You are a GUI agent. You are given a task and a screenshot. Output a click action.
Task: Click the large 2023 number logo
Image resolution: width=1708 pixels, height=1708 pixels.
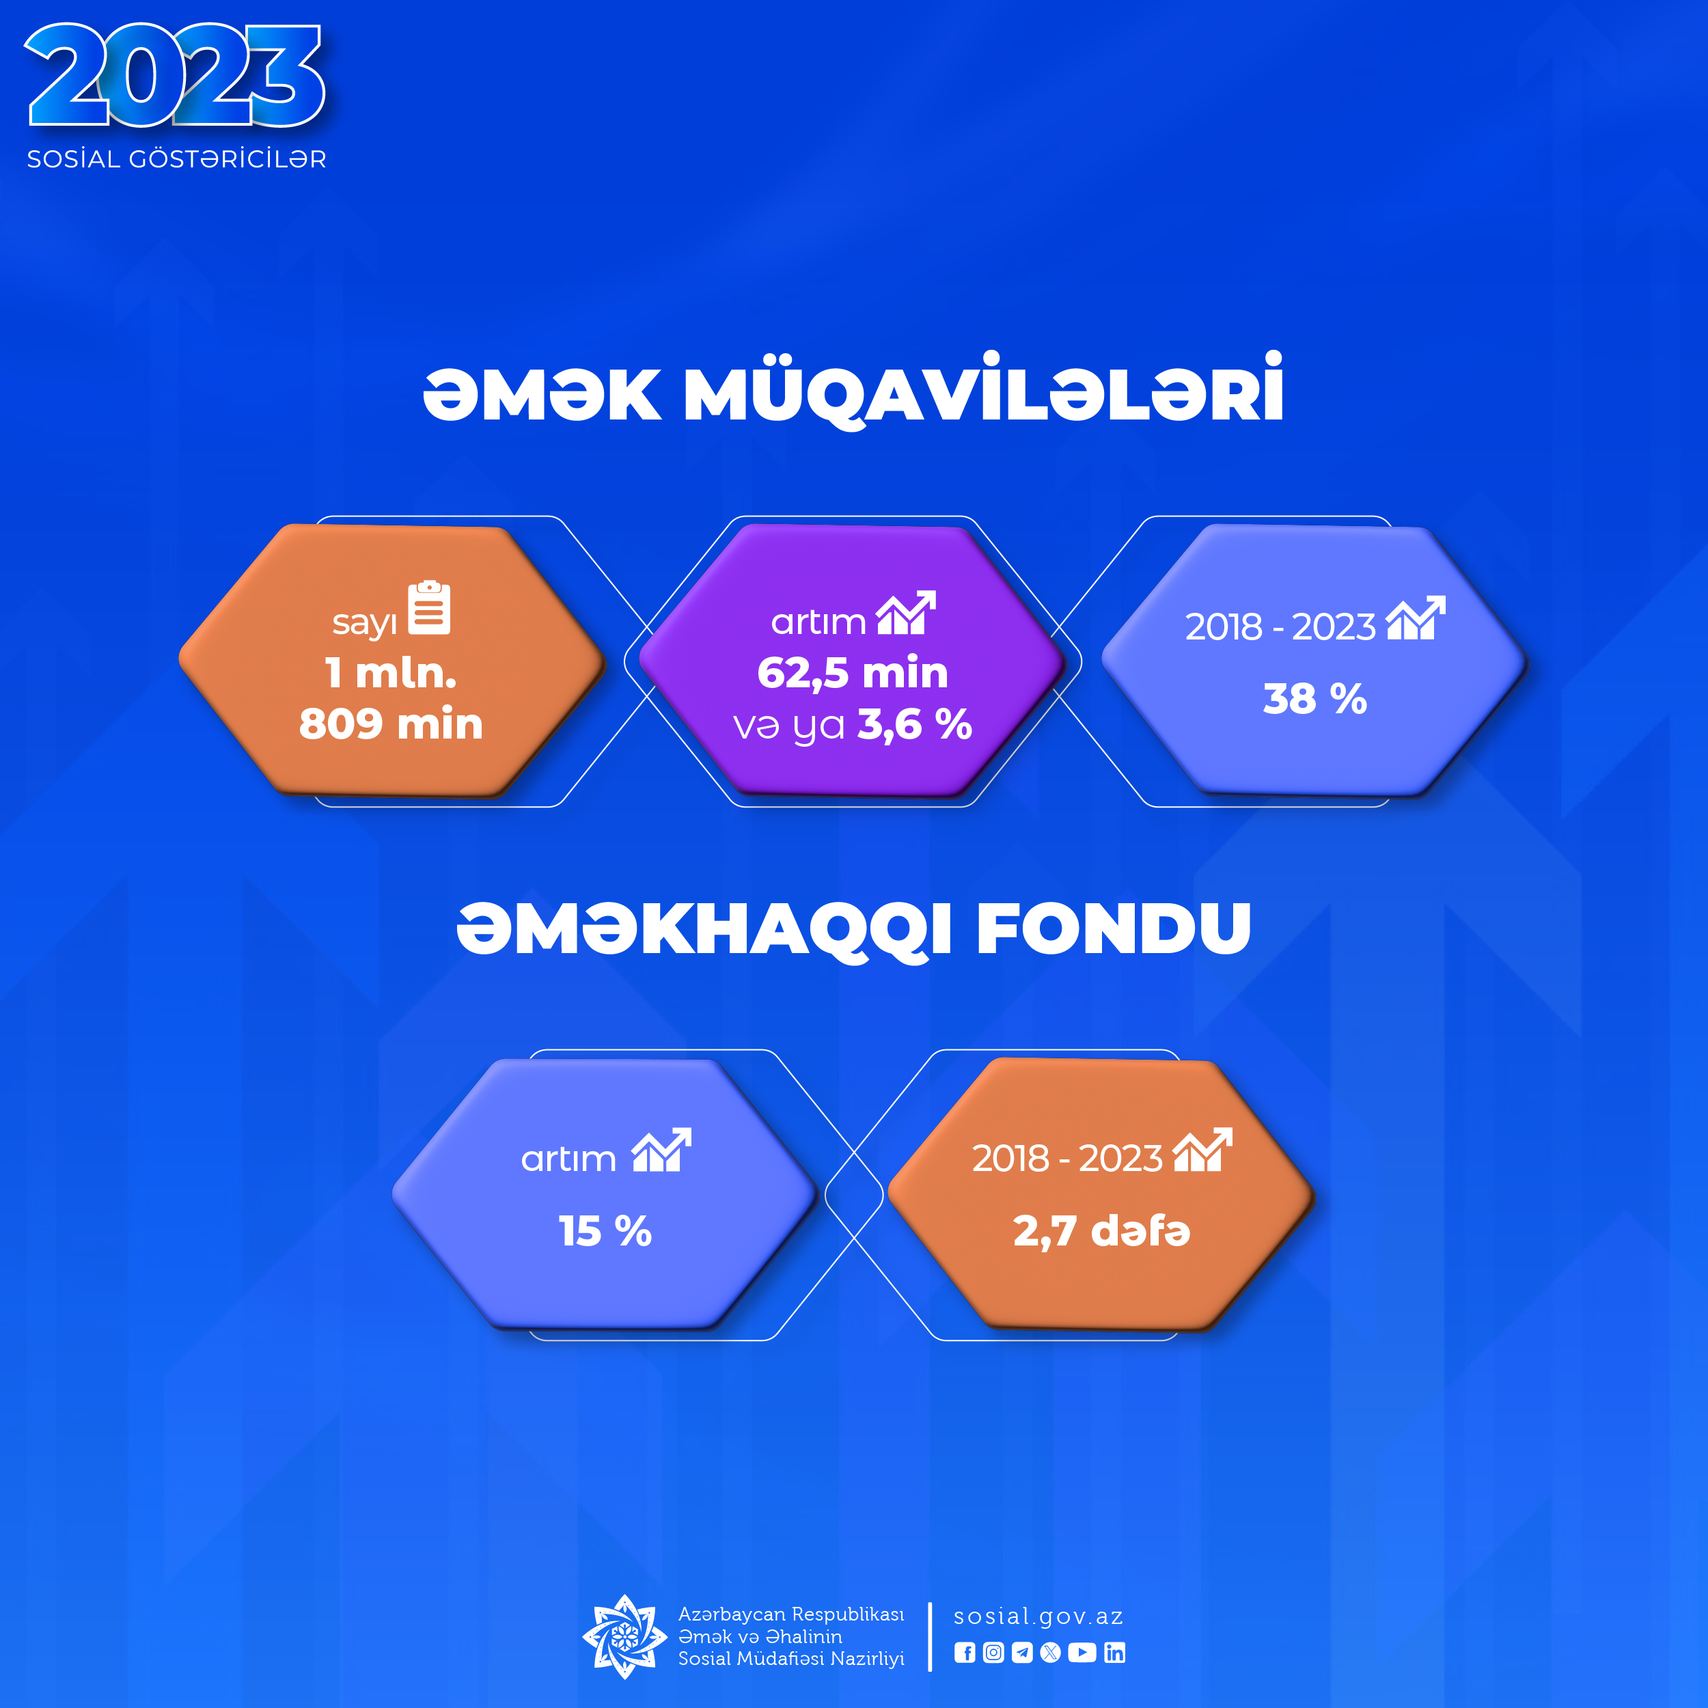pos(175,76)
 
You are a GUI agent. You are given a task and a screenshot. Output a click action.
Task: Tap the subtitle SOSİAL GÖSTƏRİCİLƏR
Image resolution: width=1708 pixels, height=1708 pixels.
pos(177,159)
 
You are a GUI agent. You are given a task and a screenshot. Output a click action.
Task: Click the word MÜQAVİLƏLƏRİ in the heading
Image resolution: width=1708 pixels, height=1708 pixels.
pos(983,391)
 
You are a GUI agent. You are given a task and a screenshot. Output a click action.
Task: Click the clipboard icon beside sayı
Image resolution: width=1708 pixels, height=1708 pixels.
pos(430,608)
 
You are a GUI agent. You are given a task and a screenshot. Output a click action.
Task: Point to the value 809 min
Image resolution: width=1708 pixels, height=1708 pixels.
pos(391,724)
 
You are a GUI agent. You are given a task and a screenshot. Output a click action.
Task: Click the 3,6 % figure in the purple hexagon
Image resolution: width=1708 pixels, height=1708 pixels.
pos(915,724)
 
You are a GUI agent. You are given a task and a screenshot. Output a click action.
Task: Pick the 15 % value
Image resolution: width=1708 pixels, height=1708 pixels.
pos(605,1230)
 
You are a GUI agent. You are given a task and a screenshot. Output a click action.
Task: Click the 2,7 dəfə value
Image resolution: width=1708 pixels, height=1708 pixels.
pos(1101,1230)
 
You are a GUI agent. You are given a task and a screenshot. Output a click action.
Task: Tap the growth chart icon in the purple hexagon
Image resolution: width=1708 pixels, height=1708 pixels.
pos(906,613)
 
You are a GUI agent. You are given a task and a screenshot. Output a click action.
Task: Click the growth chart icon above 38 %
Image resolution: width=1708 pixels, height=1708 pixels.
pos(1416,617)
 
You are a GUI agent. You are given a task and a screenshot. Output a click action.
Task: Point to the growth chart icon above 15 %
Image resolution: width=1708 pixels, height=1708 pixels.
pos(661,1149)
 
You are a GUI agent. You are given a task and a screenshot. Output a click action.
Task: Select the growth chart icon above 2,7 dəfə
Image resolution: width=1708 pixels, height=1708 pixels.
pos(1202,1149)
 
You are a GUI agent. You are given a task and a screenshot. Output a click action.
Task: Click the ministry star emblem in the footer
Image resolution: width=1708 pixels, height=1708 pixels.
pos(625,1636)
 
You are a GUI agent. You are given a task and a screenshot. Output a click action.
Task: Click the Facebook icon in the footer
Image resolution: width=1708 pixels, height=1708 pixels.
pos(965,1652)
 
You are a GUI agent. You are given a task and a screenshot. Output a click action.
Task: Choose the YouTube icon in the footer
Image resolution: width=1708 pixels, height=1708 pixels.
pos(1082,1652)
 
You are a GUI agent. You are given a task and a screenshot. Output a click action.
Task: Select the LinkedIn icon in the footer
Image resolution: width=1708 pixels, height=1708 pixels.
pos(1115,1652)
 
